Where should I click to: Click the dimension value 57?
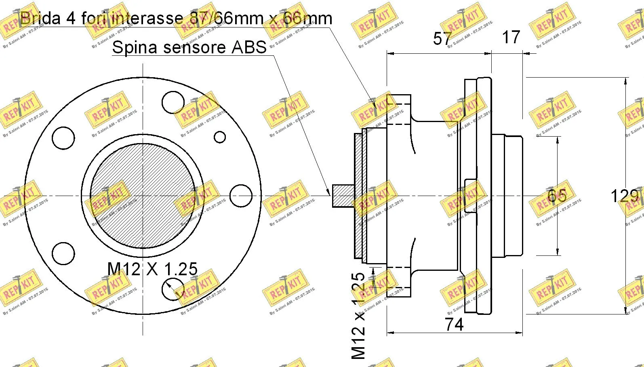[x=442, y=38]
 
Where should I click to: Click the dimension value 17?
[x=511, y=37]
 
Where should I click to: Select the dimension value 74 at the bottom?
[x=454, y=324]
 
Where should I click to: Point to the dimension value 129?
[x=624, y=196]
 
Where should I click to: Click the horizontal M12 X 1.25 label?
[x=152, y=269]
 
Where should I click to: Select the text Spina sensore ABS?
[x=189, y=47]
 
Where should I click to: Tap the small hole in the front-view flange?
[x=220, y=137]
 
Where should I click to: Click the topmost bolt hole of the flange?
[x=173, y=102]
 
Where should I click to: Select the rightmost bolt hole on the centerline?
[x=241, y=196]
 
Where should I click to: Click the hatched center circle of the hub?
[x=142, y=196]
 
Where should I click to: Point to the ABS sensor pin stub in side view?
[x=343, y=196]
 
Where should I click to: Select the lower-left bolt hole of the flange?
[x=63, y=253]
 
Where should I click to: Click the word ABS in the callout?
[x=249, y=47]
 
